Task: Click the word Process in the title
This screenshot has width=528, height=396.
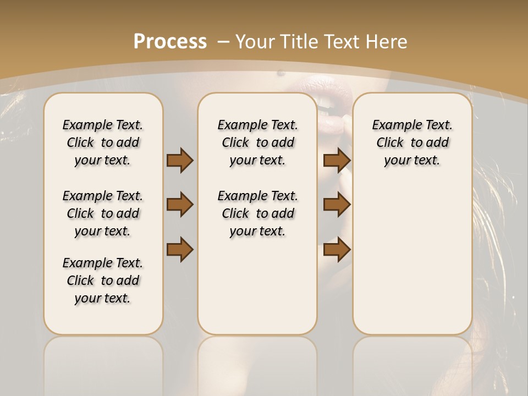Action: click(x=170, y=42)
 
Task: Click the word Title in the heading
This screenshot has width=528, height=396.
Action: click(x=298, y=42)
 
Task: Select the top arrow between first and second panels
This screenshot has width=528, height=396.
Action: click(x=180, y=160)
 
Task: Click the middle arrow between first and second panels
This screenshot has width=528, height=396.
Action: click(x=180, y=205)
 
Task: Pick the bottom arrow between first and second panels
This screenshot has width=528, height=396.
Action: click(x=180, y=249)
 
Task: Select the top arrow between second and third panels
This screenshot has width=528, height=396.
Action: click(x=337, y=160)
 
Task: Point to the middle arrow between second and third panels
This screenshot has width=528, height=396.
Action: click(x=337, y=205)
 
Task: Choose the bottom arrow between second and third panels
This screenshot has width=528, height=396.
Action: click(x=337, y=249)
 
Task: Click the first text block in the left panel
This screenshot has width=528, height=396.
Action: click(x=103, y=142)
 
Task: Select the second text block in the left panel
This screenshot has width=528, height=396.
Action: click(x=103, y=213)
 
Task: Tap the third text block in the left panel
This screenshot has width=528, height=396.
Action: click(x=103, y=280)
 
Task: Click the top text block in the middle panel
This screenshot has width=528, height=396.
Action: click(x=257, y=142)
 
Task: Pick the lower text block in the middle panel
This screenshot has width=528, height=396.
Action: click(x=257, y=213)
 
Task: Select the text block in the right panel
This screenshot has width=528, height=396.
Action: click(x=412, y=142)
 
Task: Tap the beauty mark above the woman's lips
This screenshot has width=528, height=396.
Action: click(x=281, y=73)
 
